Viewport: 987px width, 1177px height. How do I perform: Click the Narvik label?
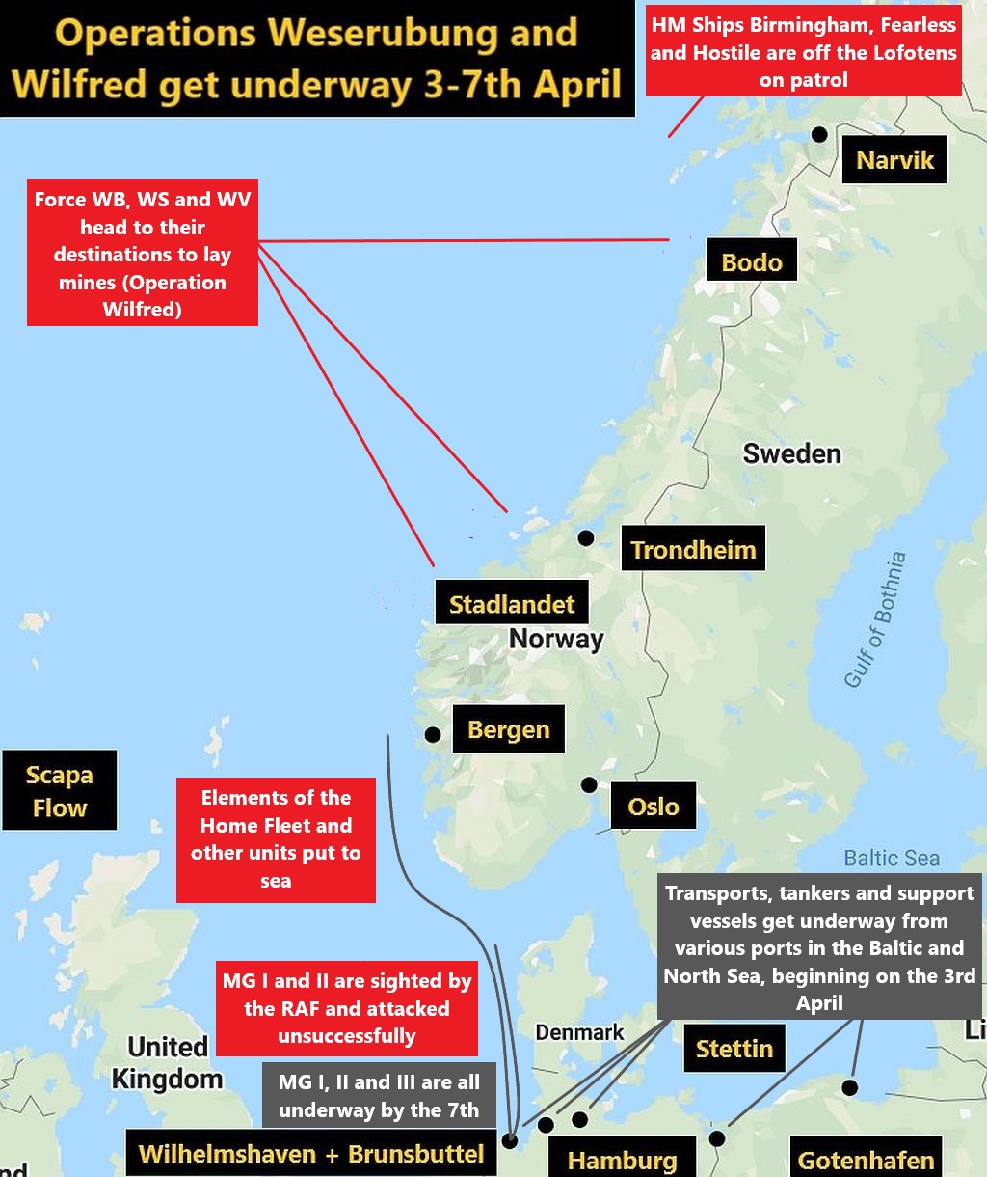(894, 160)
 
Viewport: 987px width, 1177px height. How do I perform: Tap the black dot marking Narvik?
(819, 134)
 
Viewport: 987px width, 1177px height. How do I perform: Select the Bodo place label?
(752, 262)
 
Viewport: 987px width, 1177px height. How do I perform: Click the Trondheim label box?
(693, 550)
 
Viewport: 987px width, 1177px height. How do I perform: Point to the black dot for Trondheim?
(585, 538)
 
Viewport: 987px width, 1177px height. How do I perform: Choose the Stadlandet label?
(511, 605)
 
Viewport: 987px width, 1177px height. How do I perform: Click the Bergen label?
(508, 729)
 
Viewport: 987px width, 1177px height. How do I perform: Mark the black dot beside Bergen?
(433, 735)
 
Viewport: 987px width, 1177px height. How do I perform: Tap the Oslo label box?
(653, 806)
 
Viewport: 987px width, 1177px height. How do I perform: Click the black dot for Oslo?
(589, 785)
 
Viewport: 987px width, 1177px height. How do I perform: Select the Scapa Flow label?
(60, 791)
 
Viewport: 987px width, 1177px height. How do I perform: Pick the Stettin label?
(734, 1049)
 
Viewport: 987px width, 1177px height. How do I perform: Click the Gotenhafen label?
(866, 1161)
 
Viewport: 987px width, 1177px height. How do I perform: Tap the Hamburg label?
(622, 1161)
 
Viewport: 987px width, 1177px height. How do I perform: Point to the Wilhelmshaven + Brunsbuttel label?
(311, 1154)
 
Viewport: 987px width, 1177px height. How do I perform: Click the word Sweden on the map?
(791, 453)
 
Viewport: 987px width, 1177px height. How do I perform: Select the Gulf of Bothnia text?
(874, 620)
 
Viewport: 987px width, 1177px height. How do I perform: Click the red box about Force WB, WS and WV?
(142, 255)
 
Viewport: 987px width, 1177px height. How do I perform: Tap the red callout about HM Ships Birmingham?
(803, 52)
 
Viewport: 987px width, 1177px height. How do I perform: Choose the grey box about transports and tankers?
(818, 947)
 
